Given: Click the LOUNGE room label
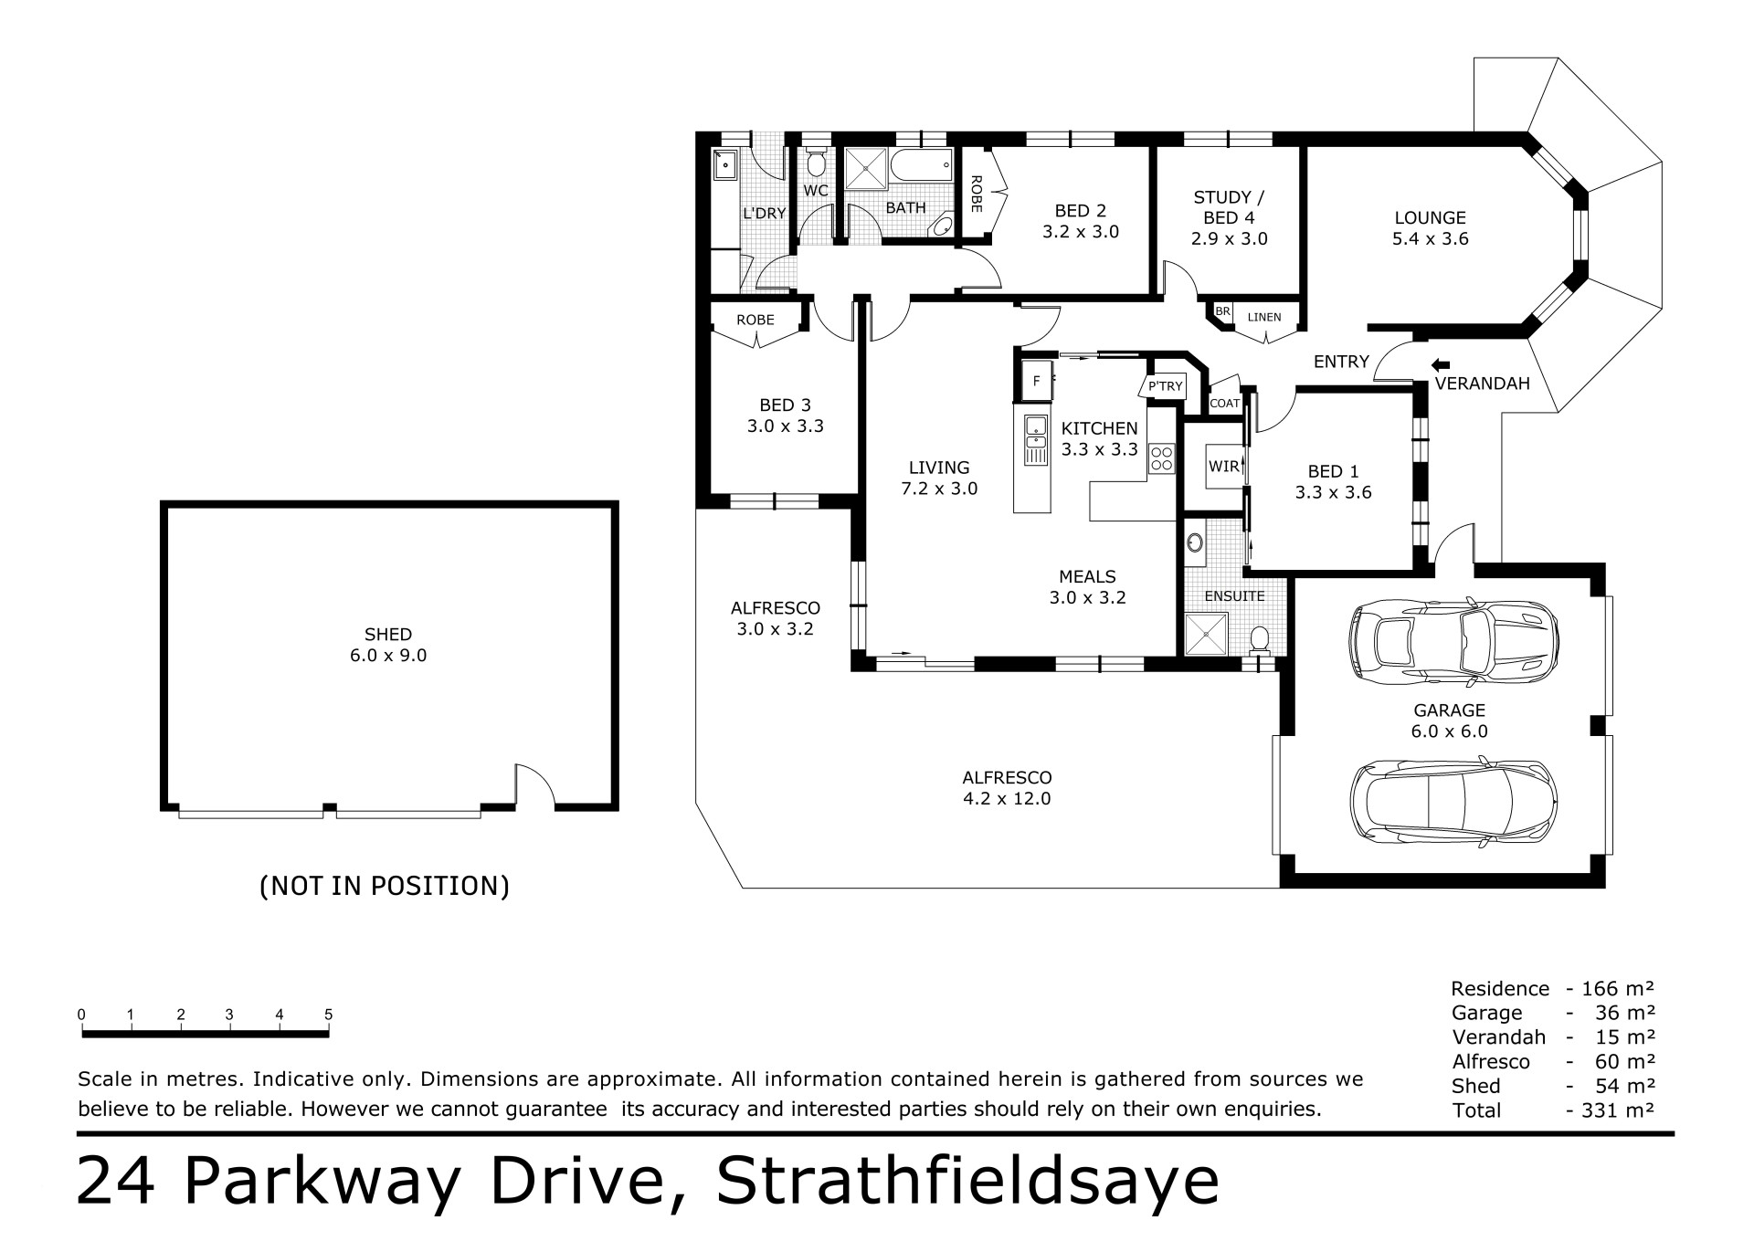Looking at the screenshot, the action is (1431, 218).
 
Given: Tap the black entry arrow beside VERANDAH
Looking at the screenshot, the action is (1441, 364).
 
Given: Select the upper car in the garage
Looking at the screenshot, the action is (1454, 641).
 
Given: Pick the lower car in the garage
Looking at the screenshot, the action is (1454, 800).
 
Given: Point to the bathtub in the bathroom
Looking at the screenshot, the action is (921, 167).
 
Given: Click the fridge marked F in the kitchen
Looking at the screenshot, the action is (1035, 381).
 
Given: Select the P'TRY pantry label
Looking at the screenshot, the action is (1165, 386).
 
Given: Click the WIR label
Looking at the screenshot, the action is (1223, 467).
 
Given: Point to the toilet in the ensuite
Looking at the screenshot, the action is (1260, 638).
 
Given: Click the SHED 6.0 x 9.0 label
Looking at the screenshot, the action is (388, 645).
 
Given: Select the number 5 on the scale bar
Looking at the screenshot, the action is (329, 1015).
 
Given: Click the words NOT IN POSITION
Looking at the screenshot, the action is (385, 886).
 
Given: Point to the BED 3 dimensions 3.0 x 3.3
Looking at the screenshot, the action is (786, 426).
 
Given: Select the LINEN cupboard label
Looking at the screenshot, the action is (1264, 317).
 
